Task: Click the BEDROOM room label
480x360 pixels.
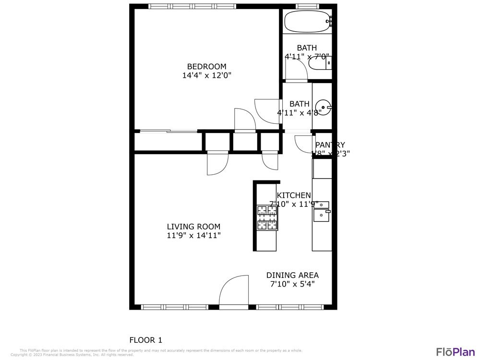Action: [206, 66]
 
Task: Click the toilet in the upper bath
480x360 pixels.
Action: [319, 62]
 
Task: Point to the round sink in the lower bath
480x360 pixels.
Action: [323, 107]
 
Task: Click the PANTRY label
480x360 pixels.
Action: [330, 145]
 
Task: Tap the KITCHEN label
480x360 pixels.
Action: [294, 195]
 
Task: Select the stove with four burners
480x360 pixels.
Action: [267, 218]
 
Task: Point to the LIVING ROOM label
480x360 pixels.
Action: [193, 227]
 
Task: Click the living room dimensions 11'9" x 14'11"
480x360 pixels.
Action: [193, 236]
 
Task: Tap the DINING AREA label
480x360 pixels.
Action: [292, 275]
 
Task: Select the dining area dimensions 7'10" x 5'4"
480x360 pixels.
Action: [292, 284]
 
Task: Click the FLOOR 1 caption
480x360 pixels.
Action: [146, 340]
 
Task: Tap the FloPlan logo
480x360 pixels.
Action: [455, 351]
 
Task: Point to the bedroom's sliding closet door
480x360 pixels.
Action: [168, 131]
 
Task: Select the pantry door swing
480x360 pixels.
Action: [304, 144]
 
